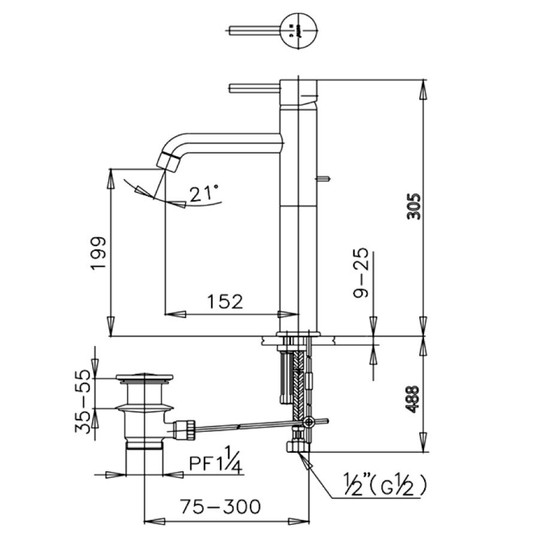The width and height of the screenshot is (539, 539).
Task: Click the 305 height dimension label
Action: click(x=414, y=207)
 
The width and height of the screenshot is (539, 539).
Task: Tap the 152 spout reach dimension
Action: click(x=226, y=301)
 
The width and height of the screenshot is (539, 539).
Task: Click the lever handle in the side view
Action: click(x=255, y=89)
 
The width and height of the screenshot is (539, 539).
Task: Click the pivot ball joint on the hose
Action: click(x=308, y=422)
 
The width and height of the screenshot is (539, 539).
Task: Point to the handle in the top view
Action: click(x=255, y=31)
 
